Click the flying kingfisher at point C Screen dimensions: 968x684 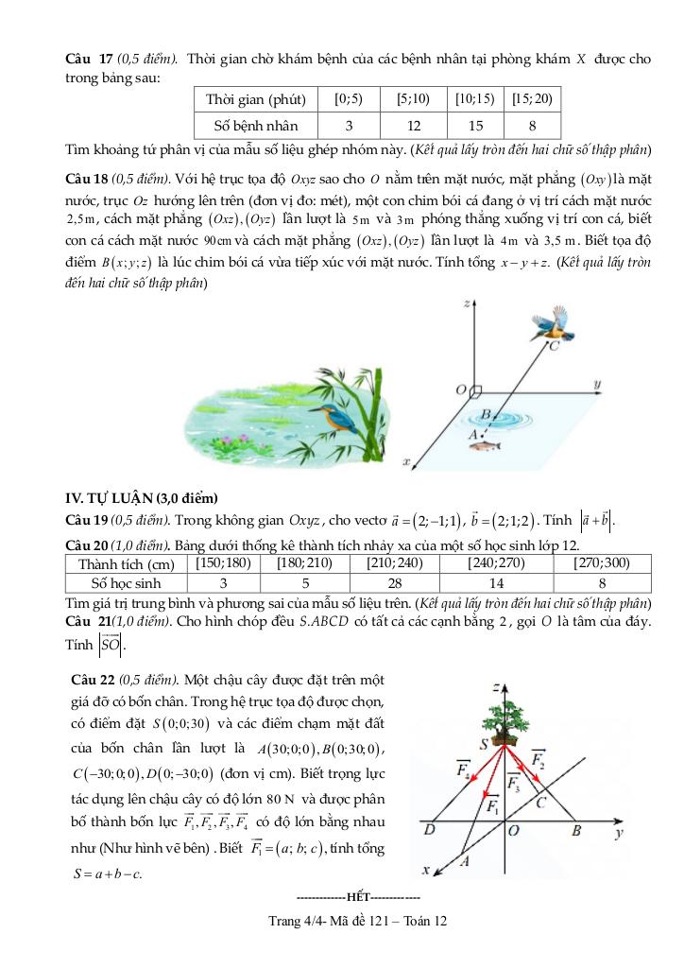tap(548, 324)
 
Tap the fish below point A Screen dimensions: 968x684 tap(485, 445)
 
